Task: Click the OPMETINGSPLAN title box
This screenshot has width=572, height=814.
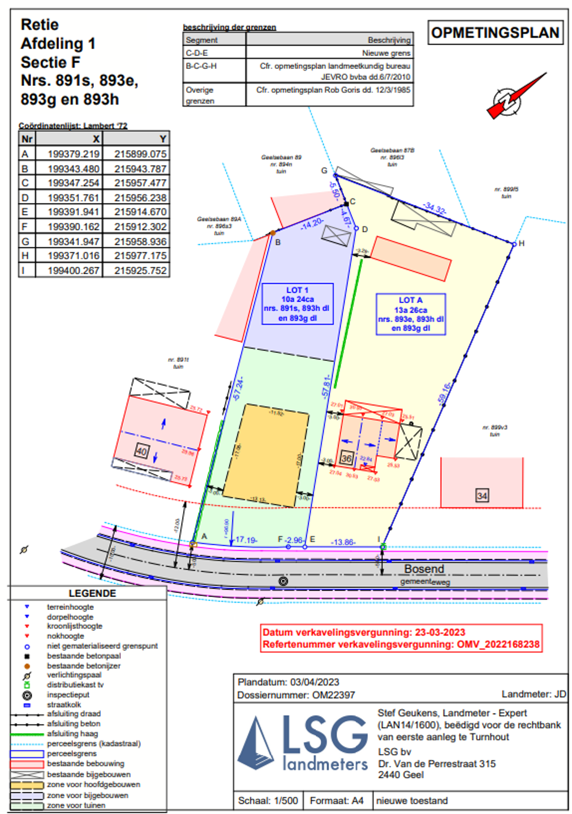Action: (x=494, y=33)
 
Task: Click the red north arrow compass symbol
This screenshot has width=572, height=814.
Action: (x=513, y=97)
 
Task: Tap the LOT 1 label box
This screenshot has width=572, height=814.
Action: (x=298, y=304)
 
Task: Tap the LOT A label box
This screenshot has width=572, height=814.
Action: (x=411, y=314)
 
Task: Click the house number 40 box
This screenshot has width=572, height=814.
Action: (x=141, y=451)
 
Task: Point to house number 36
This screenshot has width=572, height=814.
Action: (x=346, y=458)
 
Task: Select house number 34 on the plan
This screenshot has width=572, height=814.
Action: (x=481, y=496)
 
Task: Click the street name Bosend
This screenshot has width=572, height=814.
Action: (x=424, y=569)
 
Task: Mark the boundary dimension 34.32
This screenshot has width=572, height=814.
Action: (x=435, y=209)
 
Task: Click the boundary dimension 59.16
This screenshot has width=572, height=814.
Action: (x=444, y=393)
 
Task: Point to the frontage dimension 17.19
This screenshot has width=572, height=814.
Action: (x=246, y=540)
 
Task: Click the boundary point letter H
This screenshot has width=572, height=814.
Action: (x=521, y=244)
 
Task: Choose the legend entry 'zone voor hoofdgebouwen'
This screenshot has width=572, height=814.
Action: (x=93, y=785)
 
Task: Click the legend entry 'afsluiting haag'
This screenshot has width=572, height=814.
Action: (x=72, y=734)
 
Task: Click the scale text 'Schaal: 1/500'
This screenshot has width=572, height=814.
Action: (x=268, y=800)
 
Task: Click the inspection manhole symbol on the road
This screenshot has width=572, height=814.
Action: (x=283, y=581)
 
